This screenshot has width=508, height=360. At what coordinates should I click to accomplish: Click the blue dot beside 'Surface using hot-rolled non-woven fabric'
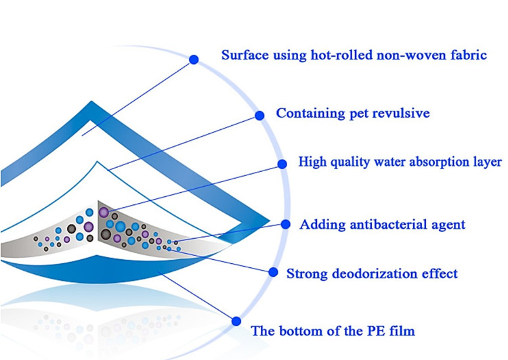(194, 60)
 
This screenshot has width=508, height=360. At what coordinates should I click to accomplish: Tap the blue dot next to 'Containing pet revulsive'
(259, 115)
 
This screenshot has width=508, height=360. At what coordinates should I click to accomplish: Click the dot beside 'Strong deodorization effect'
(274, 272)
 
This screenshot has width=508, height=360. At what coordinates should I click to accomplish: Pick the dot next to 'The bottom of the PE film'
(236, 321)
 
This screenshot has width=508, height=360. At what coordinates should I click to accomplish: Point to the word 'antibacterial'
(388, 224)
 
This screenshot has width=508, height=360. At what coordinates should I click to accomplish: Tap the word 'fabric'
(468, 55)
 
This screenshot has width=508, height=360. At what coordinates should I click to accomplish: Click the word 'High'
(312, 162)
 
